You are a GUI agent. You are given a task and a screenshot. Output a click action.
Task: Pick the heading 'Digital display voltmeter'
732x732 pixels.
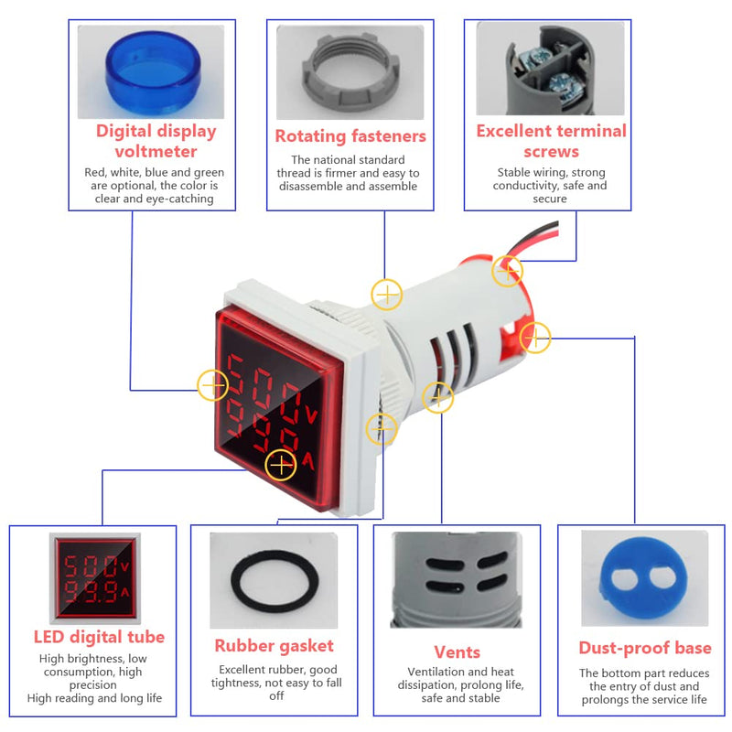(x=156, y=141)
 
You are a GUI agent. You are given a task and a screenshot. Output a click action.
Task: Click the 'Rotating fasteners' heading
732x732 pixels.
(x=350, y=136)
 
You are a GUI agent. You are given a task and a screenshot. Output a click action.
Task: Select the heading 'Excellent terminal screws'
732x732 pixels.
(x=551, y=141)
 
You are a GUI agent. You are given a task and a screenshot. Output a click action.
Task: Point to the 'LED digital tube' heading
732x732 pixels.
(x=99, y=637)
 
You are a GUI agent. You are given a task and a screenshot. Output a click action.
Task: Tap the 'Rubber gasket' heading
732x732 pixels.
(x=274, y=646)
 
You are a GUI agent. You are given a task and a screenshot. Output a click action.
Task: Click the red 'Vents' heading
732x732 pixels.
(x=457, y=651)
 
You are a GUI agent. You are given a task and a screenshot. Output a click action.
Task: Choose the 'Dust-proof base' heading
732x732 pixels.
(x=644, y=648)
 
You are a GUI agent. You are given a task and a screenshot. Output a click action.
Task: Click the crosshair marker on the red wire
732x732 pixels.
(x=507, y=270)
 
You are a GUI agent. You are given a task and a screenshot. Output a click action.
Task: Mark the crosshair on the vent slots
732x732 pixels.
(x=438, y=397)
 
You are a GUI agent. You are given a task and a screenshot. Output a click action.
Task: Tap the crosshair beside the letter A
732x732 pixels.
(x=280, y=466)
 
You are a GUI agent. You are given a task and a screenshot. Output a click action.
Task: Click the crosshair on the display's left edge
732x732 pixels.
(x=213, y=385)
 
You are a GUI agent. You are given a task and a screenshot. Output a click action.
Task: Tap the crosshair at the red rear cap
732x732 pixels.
(x=535, y=338)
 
